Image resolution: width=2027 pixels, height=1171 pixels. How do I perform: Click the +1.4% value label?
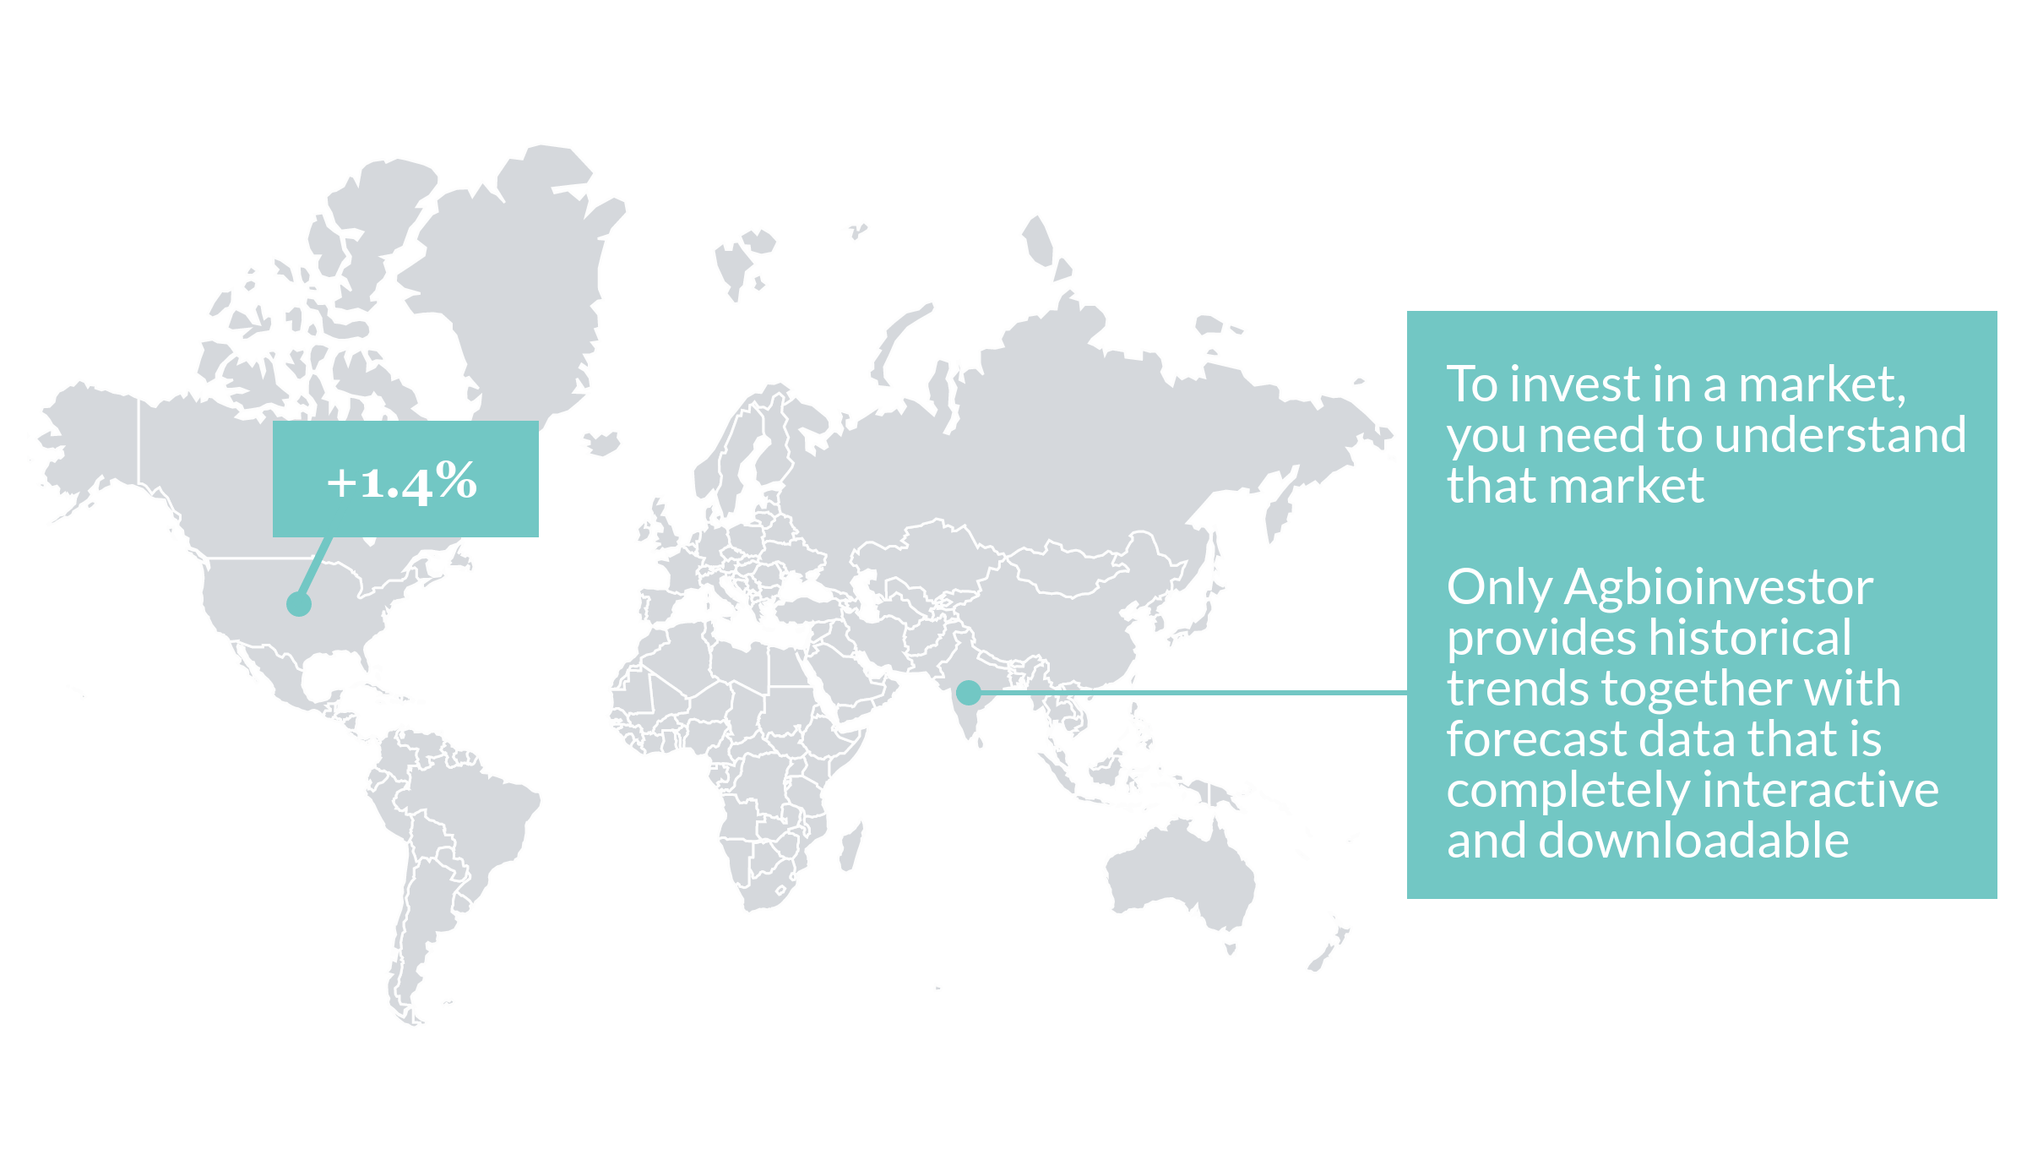(403, 482)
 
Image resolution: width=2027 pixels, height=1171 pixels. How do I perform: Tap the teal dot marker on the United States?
(299, 604)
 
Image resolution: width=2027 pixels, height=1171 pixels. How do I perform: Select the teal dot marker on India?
(969, 693)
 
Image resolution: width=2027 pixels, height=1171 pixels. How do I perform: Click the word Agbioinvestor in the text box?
(1719, 587)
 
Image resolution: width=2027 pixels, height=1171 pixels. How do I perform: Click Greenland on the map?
(515, 279)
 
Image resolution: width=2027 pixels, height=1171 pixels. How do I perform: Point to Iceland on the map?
(602, 442)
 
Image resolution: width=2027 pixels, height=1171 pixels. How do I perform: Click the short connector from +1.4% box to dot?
(314, 571)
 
